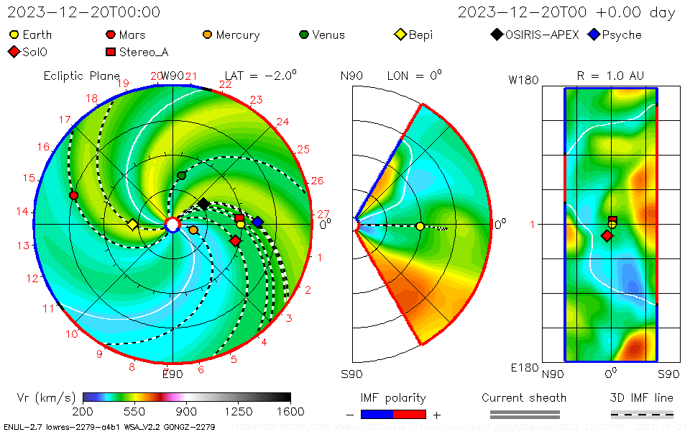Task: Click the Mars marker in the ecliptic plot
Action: (x=73, y=195)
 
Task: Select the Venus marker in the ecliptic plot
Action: (x=181, y=175)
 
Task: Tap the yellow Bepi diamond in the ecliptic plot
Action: (x=132, y=225)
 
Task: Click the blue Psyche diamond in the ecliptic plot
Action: (x=257, y=221)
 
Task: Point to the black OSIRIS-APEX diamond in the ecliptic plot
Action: (x=203, y=204)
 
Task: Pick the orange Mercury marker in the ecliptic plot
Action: (x=193, y=230)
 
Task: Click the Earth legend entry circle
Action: (x=14, y=35)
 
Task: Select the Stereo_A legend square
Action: (x=111, y=52)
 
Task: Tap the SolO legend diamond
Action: (x=14, y=52)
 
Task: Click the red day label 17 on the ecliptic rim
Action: (x=65, y=120)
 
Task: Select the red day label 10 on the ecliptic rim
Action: (x=72, y=334)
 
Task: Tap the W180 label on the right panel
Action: (x=523, y=80)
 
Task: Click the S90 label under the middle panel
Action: (x=352, y=374)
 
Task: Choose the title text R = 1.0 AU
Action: (x=610, y=75)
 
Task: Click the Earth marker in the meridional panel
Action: (x=420, y=226)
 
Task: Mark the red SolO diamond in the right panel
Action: (x=607, y=235)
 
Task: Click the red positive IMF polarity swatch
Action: (x=410, y=414)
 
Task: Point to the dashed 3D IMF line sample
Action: (x=642, y=414)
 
